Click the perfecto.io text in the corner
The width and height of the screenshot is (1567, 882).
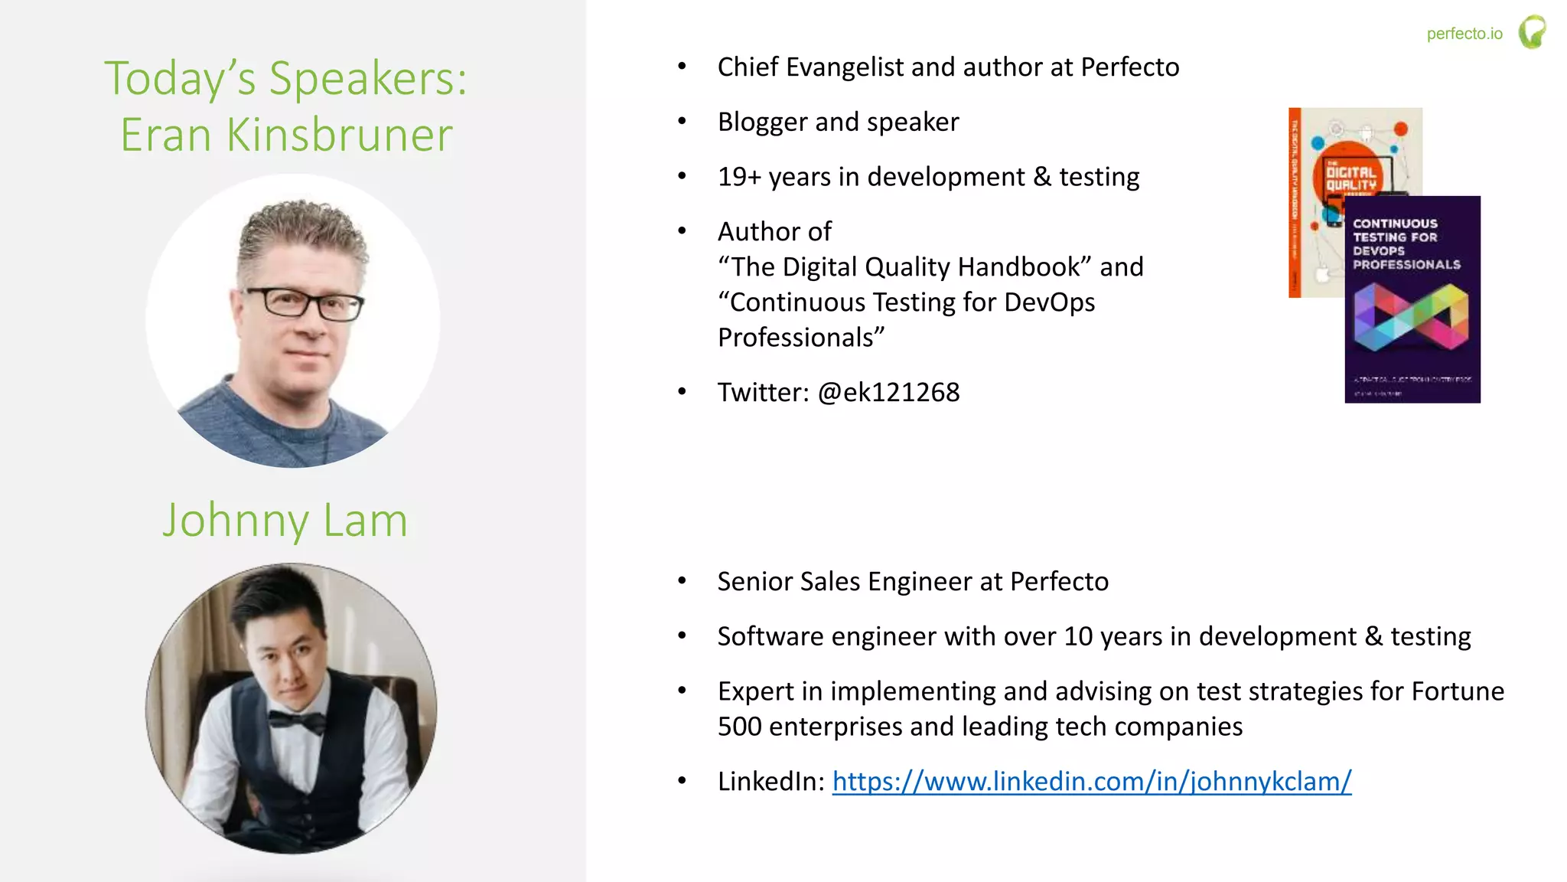[x=1464, y=34]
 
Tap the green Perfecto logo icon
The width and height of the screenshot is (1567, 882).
[x=1532, y=32]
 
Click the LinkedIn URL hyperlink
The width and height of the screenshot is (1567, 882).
[x=1091, y=781]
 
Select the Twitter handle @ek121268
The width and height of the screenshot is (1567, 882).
[x=888, y=392]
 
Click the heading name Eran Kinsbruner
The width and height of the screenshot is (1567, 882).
[x=287, y=135]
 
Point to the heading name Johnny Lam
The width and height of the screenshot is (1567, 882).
[x=285, y=521]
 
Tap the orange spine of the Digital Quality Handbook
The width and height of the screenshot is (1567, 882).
[x=1295, y=203]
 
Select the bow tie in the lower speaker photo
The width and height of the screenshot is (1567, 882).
[x=297, y=720]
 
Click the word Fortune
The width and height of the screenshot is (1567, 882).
[x=1457, y=691]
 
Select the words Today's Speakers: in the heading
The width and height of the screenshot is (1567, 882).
[x=285, y=78]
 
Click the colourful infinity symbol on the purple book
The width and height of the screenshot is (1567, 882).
[x=1411, y=317]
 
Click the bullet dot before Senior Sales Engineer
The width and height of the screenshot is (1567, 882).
[x=682, y=581]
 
